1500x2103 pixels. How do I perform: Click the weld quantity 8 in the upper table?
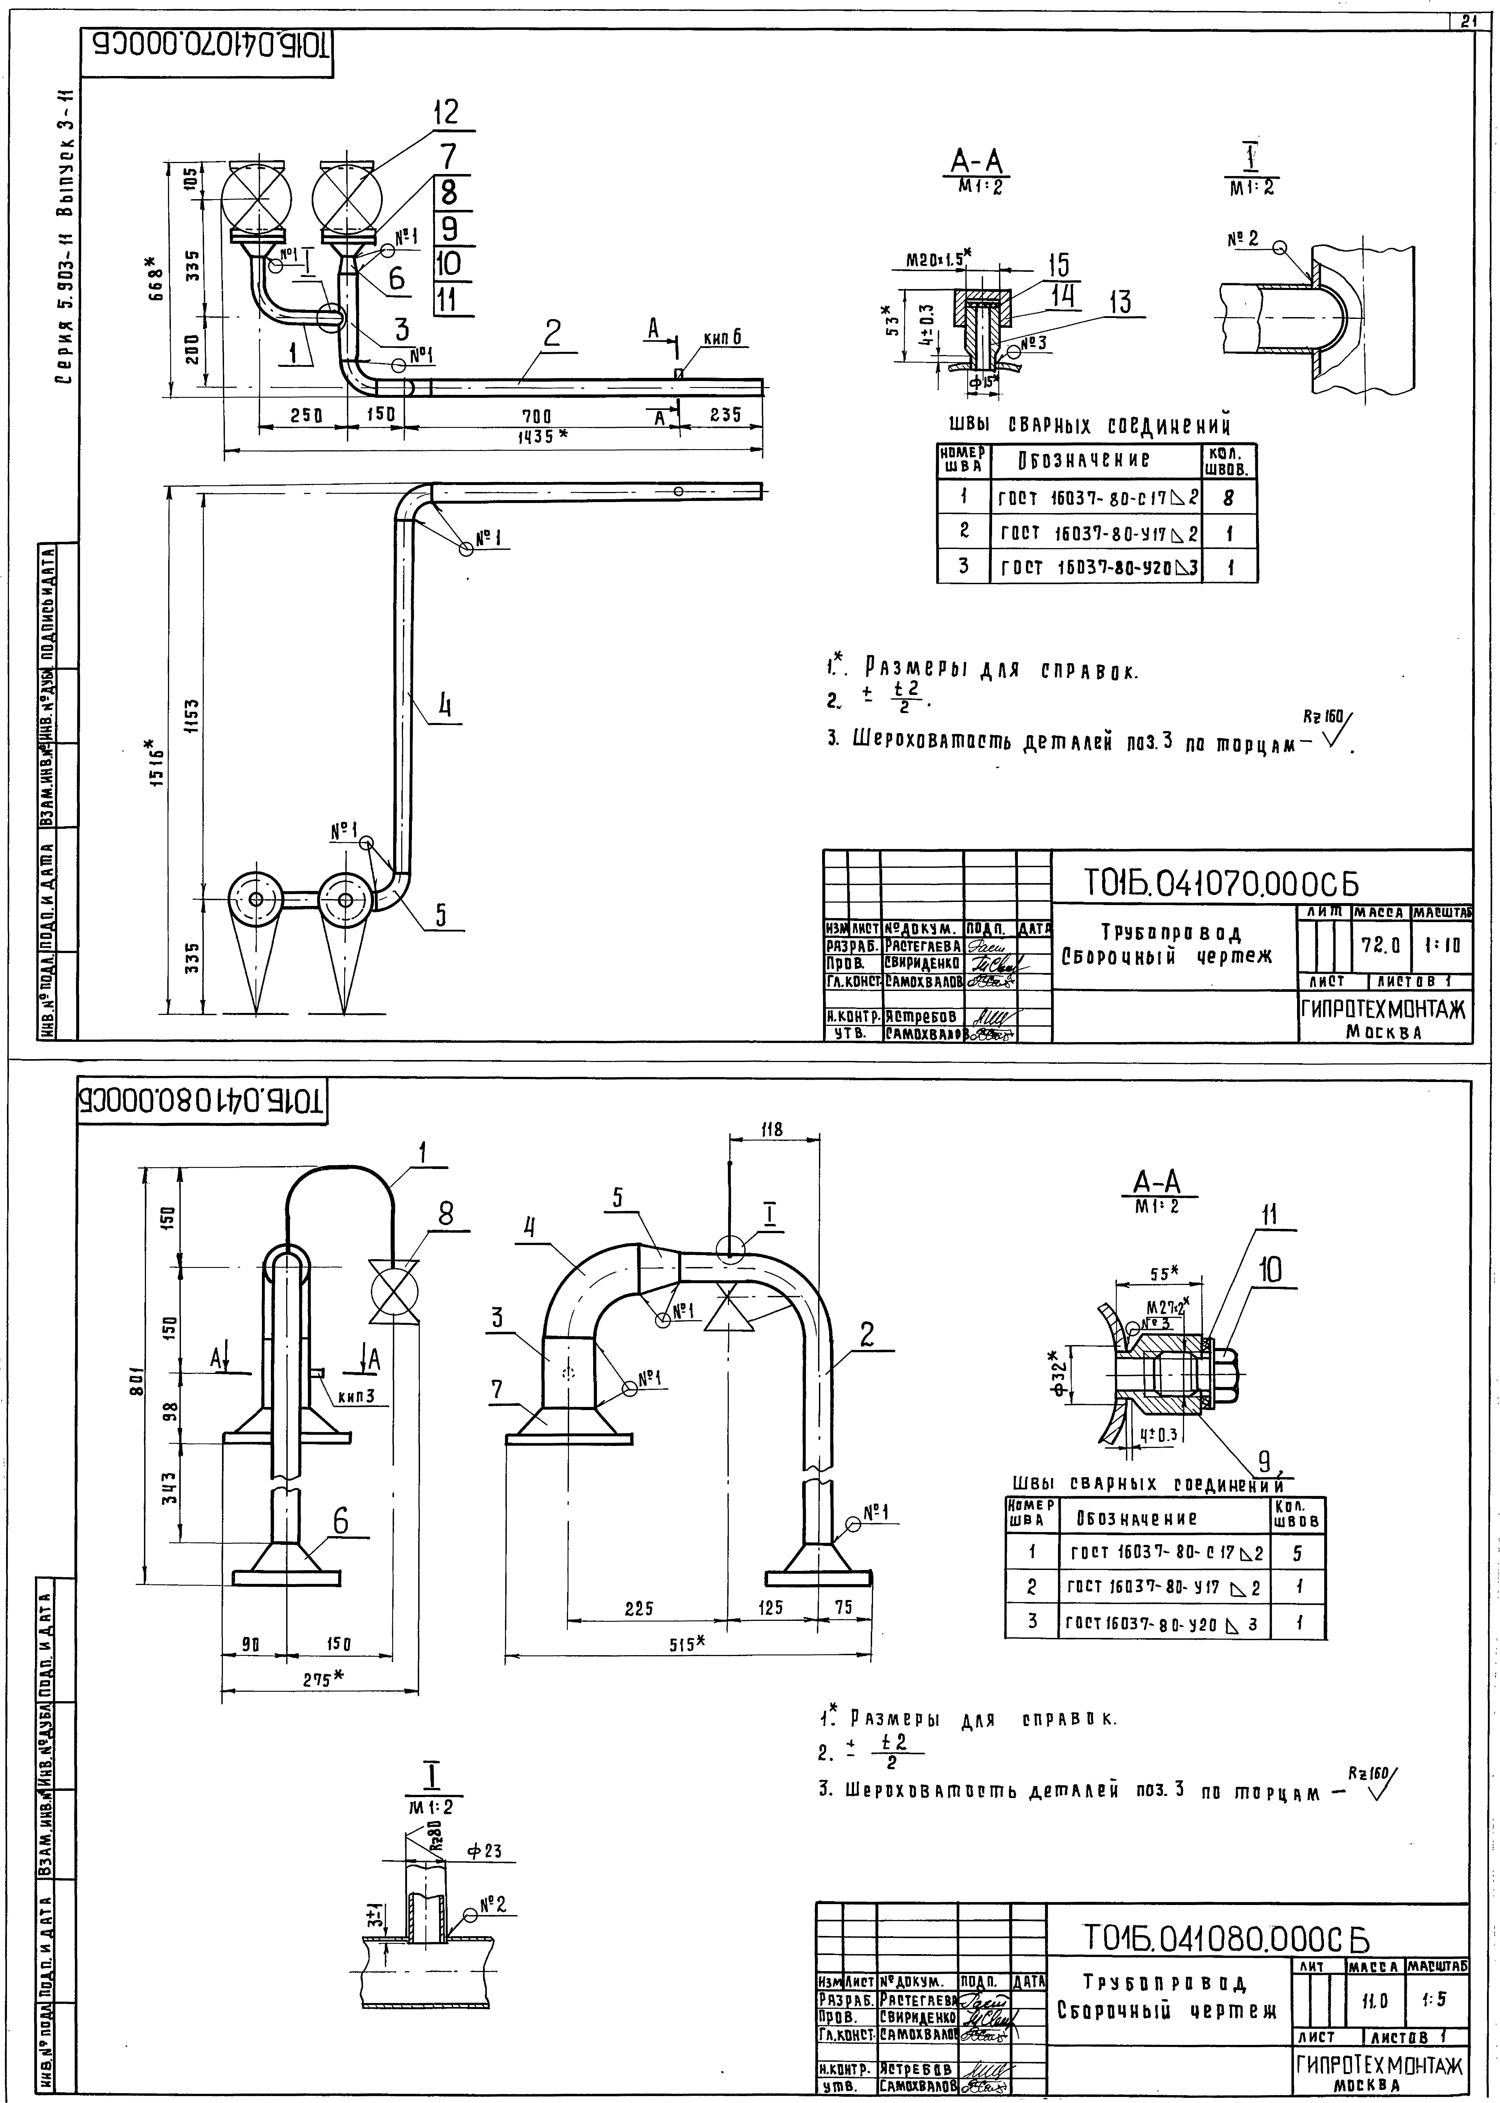pyautogui.click(x=1228, y=499)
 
